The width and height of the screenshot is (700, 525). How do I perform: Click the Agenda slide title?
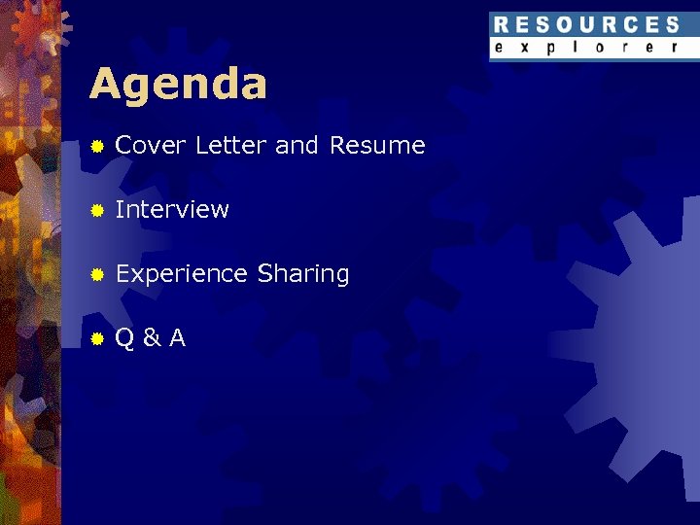[x=178, y=86]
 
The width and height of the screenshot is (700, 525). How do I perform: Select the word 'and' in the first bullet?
[x=297, y=146]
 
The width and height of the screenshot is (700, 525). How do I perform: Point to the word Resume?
[x=377, y=146]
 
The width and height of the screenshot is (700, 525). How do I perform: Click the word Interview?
[x=172, y=209]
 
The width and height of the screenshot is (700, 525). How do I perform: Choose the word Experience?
[x=182, y=274]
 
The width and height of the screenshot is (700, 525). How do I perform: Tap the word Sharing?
[x=303, y=274]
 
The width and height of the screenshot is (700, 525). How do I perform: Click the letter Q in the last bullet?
[x=124, y=338]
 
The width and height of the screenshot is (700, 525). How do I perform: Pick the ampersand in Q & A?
[x=151, y=338]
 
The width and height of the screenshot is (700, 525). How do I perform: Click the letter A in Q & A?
[x=177, y=338]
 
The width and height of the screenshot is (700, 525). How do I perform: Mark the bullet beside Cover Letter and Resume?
[x=97, y=147]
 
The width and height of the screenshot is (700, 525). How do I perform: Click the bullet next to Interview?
[x=97, y=210]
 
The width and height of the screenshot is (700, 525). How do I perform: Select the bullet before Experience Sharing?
[x=97, y=275]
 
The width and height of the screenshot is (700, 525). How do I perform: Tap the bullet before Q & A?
[x=97, y=339]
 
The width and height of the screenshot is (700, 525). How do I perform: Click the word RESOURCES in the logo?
[x=586, y=25]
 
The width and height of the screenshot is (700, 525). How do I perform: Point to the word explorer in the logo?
[x=586, y=48]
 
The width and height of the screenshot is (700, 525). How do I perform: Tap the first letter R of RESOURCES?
[x=501, y=25]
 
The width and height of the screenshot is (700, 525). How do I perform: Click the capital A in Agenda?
[x=105, y=85]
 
